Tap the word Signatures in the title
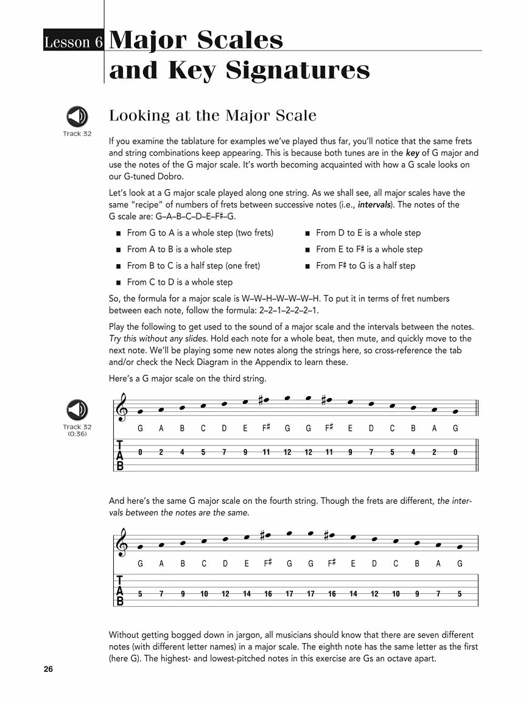(x=298, y=71)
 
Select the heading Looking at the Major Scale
(x=212, y=116)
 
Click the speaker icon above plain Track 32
(x=77, y=116)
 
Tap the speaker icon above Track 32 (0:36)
(x=77, y=410)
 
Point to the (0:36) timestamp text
(x=77, y=434)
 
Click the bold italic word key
(x=412, y=153)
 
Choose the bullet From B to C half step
(x=193, y=265)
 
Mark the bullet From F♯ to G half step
(x=365, y=265)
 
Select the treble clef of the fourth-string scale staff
(x=122, y=542)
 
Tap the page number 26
(x=49, y=670)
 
